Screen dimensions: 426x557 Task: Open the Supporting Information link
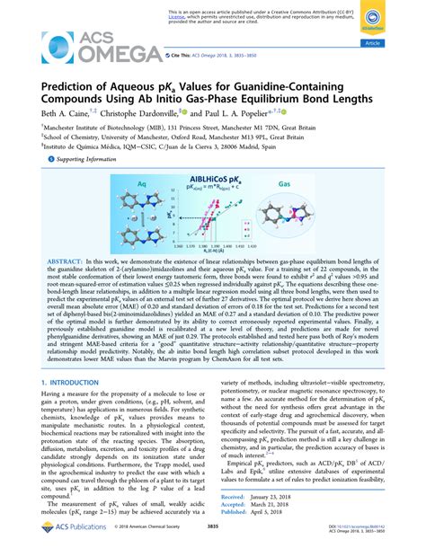click(86, 157)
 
